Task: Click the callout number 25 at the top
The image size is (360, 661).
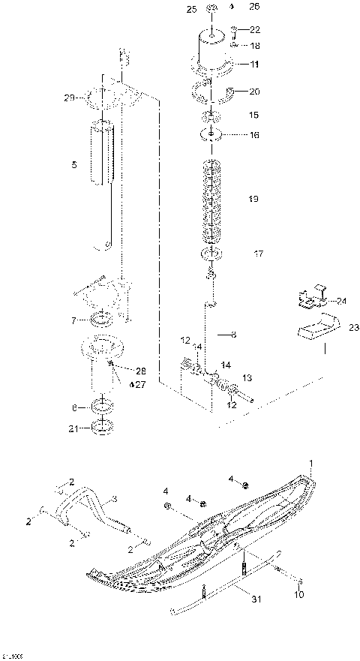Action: (190, 8)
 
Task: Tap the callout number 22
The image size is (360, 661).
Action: (255, 30)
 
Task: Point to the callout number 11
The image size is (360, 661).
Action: (255, 65)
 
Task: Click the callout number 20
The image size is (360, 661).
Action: (254, 92)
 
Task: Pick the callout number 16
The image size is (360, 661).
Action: (254, 135)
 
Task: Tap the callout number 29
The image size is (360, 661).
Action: (68, 98)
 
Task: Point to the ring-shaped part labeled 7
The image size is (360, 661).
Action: (103, 321)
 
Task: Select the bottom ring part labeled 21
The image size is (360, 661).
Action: (102, 428)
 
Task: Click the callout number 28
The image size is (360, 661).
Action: (142, 371)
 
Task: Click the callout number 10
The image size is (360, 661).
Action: (299, 595)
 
